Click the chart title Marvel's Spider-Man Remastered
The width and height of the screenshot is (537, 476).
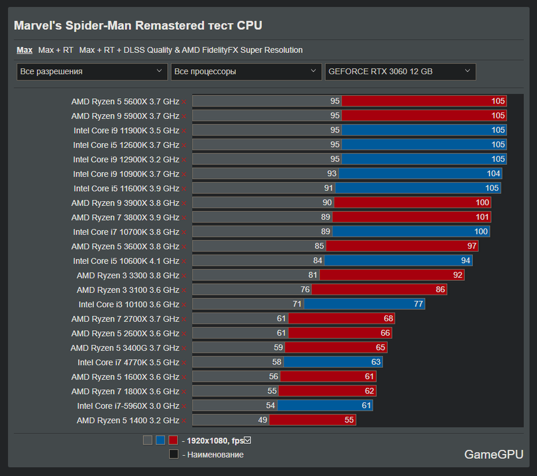pyautogui.click(x=138, y=26)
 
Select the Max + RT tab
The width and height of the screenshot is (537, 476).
pyautogui.click(x=55, y=50)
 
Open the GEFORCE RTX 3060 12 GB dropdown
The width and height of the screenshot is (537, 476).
pyautogui.click(x=400, y=71)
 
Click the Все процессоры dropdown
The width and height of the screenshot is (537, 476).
pyautogui.click(x=246, y=71)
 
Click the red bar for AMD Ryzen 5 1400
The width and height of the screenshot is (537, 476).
pyautogui.click(x=312, y=420)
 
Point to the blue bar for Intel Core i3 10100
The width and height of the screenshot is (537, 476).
pyautogui.click(x=364, y=304)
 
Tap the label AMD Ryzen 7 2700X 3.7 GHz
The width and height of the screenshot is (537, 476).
pyautogui.click(x=125, y=319)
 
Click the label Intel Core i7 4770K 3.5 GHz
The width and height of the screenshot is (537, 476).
pyautogui.click(x=128, y=362)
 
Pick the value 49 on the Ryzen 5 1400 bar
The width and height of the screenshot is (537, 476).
pyautogui.click(x=262, y=420)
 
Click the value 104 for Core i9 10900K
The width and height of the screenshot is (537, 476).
pyautogui.click(x=493, y=174)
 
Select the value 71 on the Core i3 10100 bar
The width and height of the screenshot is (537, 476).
pyautogui.click(x=297, y=304)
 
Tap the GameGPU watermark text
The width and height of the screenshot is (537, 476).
pyautogui.click(x=494, y=455)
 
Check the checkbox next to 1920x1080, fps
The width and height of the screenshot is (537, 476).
pyautogui.click(x=248, y=440)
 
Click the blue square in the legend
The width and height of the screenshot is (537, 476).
pyautogui.click(x=161, y=440)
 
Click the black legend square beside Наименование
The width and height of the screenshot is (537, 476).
pyautogui.click(x=174, y=454)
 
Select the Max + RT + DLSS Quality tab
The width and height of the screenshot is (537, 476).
pyautogui.click(x=191, y=50)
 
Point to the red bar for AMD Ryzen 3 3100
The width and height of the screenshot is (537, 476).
pyautogui.click(x=379, y=290)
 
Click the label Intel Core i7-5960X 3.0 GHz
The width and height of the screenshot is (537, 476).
pyautogui.click(x=128, y=406)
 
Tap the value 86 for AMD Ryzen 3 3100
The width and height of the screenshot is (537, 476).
pyautogui.click(x=440, y=290)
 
